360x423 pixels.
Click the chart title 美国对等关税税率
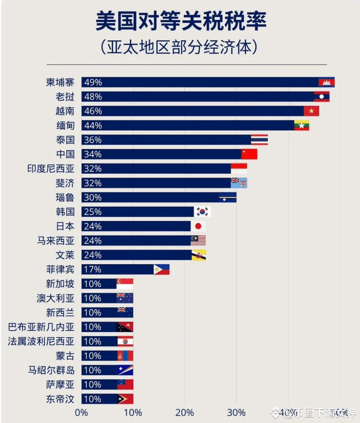coord(181,22)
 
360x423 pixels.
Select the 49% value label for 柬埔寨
coord(93,82)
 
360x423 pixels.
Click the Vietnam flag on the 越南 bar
coord(311,111)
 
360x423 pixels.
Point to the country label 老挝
coord(65,97)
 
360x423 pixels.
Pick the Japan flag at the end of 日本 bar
coord(198,226)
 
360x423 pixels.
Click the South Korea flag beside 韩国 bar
coord(203,212)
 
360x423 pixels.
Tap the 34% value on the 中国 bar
coord(93,154)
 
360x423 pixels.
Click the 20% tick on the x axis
coord(185,412)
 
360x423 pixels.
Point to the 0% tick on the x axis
coord(81,412)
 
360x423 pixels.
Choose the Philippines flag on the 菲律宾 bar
coord(161,269)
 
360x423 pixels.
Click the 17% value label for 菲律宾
coord(93,269)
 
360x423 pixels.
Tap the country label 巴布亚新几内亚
coord(41,327)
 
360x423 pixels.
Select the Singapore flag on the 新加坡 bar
coord(125,284)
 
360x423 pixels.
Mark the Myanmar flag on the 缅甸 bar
coord(302,125)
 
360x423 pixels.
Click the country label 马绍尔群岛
coord(51,370)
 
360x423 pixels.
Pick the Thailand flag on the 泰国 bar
coord(259,140)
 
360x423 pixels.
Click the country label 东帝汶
coord(61,399)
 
